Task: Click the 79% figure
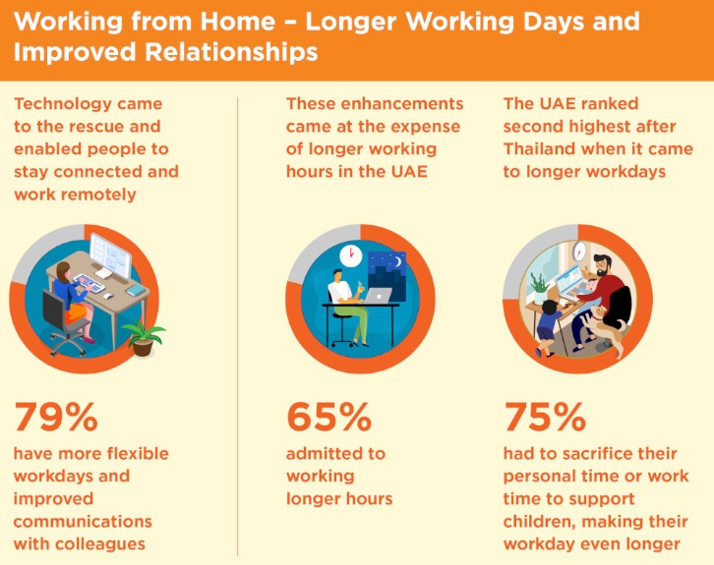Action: point(56,417)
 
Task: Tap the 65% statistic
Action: point(328,417)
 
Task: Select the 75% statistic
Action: point(545,417)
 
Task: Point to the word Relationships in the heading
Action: point(231,52)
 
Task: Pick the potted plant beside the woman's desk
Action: point(143,338)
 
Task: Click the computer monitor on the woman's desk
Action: point(110,254)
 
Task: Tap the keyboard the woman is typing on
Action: point(89,283)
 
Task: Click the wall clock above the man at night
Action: point(351,256)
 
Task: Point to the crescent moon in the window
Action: point(398,261)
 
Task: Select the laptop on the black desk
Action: point(379,296)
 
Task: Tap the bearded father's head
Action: point(604,265)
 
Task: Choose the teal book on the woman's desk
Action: point(136,290)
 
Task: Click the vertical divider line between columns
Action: point(237,326)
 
